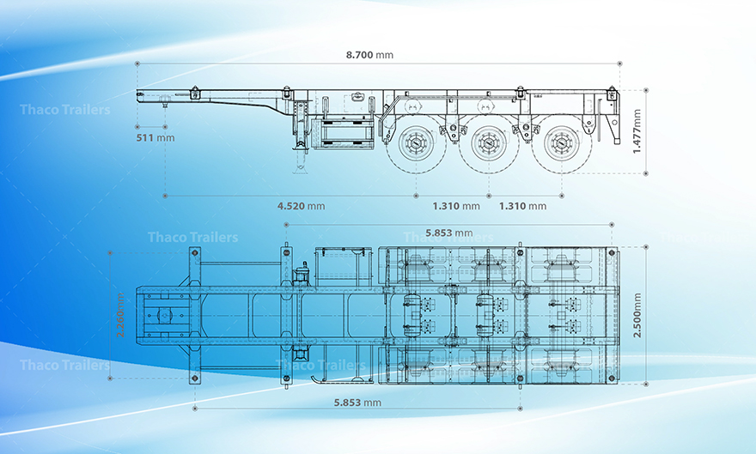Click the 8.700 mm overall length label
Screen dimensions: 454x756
click(x=369, y=55)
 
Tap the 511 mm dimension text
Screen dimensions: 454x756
click(x=155, y=137)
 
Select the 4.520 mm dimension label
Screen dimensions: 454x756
click(x=301, y=206)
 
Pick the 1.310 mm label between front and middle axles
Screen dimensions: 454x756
click(x=456, y=206)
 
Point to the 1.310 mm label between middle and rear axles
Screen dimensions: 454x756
click(x=522, y=206)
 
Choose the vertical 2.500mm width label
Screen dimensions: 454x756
click(x=637, y=315)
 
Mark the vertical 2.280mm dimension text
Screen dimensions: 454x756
click(x=121, y=315)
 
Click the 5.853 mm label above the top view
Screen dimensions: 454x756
click(x=449, y=233)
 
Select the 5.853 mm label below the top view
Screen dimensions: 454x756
click(x=358, y=402)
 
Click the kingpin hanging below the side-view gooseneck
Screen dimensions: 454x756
click(x=164, y=105)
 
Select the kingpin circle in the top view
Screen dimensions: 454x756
click(x=163, y=315)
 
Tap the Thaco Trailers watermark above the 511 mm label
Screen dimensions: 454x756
click(x=64, y=110)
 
